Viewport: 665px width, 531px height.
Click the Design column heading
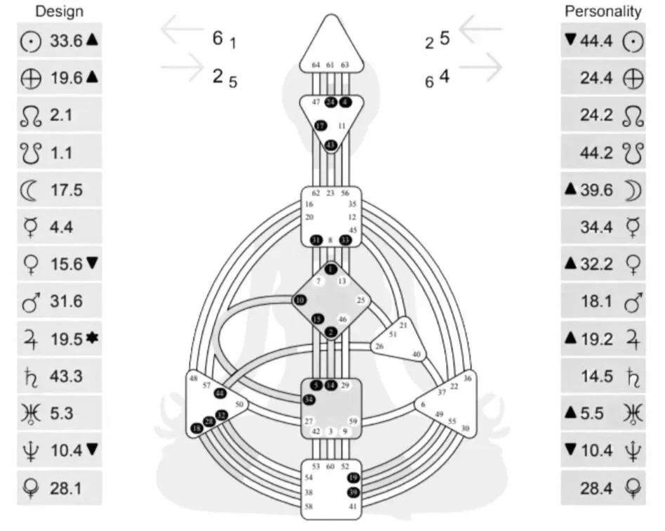tap(59, 11)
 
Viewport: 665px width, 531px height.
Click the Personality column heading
tap(603, 11)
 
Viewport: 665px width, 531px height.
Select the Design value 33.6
tap(66, 41)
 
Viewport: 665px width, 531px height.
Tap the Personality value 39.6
tap(597, 190)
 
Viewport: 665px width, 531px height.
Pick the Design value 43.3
tap(66, 376)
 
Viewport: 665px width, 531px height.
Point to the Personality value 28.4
tap(597, 487)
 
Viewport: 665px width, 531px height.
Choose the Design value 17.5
tap(66, 190)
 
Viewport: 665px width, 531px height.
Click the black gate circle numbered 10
tap(301, 300)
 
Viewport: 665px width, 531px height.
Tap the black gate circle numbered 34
tap(309, 400)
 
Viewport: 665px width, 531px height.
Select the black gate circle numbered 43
tap(330, 145)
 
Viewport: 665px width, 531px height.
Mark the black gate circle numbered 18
tap(197, 428)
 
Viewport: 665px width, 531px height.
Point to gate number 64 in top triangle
tap(315, 65)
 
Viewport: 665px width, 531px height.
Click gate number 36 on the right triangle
tap(468, 379)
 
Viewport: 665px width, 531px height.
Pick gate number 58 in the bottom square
tap(308, 506)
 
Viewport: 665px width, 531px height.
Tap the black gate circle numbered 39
tap(353, 492)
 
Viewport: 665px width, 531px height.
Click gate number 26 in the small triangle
tap(379, 346)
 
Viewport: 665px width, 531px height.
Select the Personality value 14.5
tap(597, 376)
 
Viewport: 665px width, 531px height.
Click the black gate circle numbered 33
tap(345, 240)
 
